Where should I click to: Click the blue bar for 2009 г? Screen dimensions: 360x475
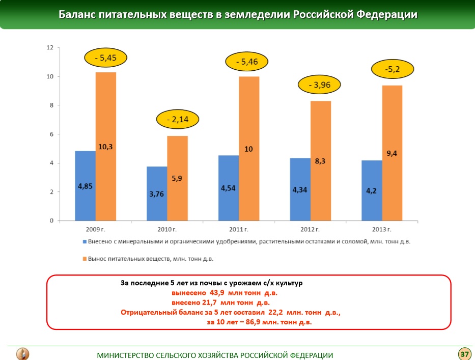point(85,186)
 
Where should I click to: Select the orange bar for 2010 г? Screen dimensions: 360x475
point(177,178)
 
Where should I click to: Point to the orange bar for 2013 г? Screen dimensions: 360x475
point(392,153)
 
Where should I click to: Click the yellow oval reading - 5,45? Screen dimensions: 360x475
point(105,58)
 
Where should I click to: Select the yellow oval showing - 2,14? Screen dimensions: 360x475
point(177,120)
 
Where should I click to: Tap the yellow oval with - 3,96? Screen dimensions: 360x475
point(319,85)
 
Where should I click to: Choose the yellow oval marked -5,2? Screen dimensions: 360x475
point(393,69)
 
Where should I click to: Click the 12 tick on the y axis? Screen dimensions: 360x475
point(50,48)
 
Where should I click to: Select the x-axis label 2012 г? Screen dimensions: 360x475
point(310,229)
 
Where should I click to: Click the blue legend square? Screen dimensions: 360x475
point(83,242)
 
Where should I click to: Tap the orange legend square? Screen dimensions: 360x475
point(83,259)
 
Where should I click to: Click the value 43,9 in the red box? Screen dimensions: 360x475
point(217,293)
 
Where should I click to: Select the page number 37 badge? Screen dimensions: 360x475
point(464,353)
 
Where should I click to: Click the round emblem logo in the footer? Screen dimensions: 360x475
point(23,353)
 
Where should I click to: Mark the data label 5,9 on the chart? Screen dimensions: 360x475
point(177,178)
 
